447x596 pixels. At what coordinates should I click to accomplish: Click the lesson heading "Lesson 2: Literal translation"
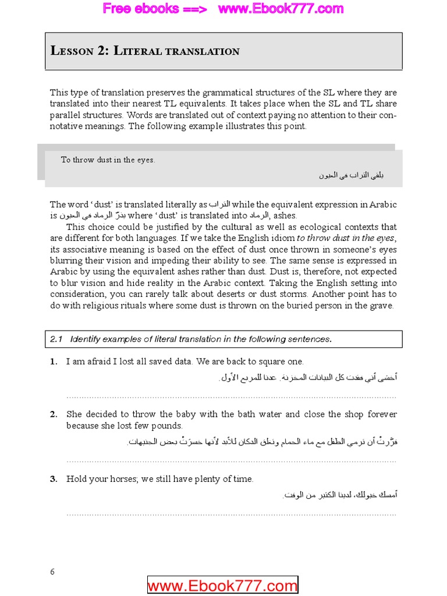coord(145,51)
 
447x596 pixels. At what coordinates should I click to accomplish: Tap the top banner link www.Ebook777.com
coord(281,9)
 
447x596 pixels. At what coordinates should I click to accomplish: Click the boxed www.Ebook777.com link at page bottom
coord(222,586)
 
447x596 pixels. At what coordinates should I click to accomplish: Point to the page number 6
coord(52,572)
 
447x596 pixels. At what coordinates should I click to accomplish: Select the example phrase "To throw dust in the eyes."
coord(108,160)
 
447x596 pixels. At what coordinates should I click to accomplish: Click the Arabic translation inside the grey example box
coord(351,175)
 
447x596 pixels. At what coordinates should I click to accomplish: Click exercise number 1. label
coord(54,361)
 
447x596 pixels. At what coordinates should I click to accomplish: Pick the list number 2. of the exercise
coord(54,414)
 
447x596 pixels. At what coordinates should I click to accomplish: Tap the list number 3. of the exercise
coord(54,479)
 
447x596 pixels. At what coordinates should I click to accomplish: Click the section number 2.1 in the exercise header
coord(56,339)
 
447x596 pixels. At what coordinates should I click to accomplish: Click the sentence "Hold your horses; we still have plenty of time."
coord(160,479)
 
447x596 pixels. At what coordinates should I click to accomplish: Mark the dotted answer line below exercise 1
coord(231,397)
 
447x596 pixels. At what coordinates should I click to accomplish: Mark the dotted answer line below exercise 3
coord(231,515)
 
